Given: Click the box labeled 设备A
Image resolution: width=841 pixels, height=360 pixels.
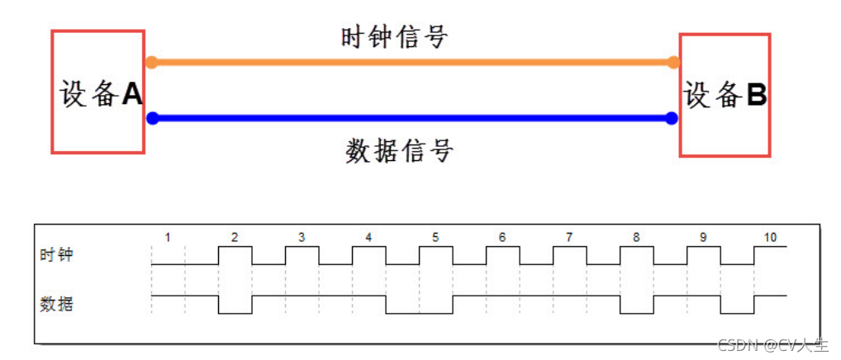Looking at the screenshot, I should [98, 92].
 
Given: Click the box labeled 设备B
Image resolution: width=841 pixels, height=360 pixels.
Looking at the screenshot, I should [725, 95].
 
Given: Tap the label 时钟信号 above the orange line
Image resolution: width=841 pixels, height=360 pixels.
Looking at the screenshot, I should [394, 37].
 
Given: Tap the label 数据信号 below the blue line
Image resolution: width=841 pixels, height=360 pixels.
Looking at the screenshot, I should [399, 151].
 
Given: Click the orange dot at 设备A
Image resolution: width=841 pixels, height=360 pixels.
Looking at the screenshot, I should [151, 62].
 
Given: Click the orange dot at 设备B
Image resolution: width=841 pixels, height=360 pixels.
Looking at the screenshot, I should [673, 62].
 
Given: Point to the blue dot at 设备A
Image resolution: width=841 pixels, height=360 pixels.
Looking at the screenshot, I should [152, 118].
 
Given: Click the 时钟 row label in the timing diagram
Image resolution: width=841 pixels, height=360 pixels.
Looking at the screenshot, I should [56, 255].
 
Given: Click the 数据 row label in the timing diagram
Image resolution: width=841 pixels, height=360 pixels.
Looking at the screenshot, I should [56, 305].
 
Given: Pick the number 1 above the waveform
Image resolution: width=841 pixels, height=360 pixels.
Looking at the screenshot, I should [168, 238].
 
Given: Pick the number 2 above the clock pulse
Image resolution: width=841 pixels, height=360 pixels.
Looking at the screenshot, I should [235, 238].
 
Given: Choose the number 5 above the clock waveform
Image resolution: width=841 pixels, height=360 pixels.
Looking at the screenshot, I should [435, 238].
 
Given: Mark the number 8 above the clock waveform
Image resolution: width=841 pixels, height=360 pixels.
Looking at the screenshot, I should [636, 238].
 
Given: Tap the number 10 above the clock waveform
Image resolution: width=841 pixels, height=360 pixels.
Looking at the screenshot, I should [770, 238].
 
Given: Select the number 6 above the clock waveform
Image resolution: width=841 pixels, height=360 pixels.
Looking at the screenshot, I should [502, 238].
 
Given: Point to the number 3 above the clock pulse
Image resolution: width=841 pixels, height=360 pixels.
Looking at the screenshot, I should [302, 238].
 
